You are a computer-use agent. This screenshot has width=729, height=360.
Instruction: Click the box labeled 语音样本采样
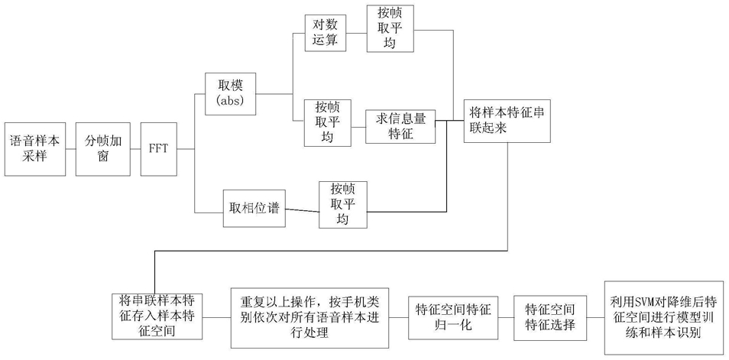point(35,149)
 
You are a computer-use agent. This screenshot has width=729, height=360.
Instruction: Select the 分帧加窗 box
point(103,149)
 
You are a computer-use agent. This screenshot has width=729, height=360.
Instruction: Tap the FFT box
point(158,149)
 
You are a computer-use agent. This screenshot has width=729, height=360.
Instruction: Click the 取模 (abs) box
point(231,93)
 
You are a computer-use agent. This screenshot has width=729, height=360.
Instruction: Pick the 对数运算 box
point(326,34)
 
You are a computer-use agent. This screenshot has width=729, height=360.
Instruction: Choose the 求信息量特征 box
point(400,127)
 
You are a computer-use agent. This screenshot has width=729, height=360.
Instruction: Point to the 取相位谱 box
point(254,209)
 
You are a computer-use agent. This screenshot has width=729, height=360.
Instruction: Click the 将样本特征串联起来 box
point(507,121)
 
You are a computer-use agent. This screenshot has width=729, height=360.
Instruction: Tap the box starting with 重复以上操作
point(309,318)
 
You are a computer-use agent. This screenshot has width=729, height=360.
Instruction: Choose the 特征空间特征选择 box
point(550,318)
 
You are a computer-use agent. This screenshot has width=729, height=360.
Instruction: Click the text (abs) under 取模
point(230,100)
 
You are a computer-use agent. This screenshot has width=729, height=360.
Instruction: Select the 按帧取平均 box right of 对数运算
point(390,28)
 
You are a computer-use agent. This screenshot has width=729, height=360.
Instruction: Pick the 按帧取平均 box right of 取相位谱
point(342,205)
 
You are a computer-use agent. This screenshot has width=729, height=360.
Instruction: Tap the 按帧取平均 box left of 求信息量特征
point(327,123)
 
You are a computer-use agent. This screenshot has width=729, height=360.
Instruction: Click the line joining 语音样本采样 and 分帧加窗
point(70,149)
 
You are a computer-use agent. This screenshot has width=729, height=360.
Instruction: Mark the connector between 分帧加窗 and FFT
point(136,149)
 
